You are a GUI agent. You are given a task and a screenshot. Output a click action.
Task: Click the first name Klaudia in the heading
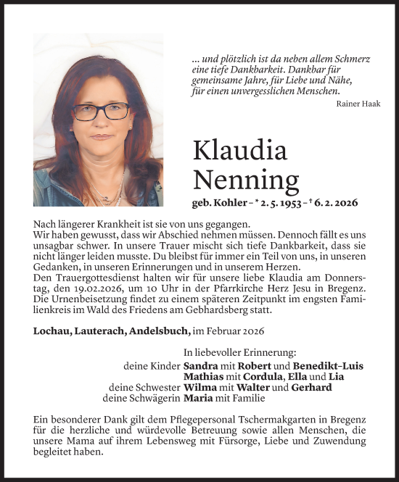pos(240,150)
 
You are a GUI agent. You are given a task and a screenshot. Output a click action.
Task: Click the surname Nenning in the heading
pos(246,178)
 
